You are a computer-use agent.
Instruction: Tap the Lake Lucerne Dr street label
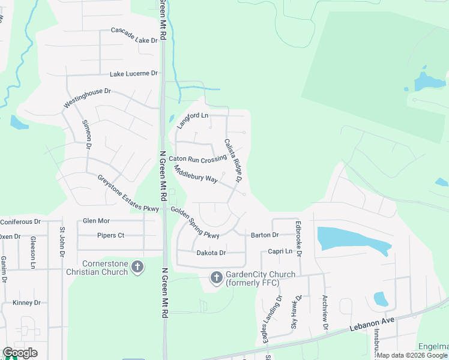(133, 73)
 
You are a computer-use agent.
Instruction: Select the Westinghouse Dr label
(88, 99)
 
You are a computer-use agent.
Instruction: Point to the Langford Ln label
(193, 120)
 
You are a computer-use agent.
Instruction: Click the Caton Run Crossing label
(197, 158)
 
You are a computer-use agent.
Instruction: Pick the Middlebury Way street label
(196, 175)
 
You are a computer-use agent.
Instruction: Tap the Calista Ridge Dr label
(232, 160)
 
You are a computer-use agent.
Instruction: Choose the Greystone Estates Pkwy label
(128, 193)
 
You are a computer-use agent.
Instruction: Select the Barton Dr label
(265, 235)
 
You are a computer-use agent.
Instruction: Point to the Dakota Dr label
(211, 253)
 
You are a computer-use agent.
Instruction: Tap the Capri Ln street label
(280, 251)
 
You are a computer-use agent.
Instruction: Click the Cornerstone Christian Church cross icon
(137, 266)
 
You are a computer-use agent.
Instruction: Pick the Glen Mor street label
(96, 221)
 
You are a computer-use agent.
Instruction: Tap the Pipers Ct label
(110, 235)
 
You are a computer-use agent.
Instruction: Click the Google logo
(20, 353)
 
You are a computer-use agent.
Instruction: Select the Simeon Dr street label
(87, 133)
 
